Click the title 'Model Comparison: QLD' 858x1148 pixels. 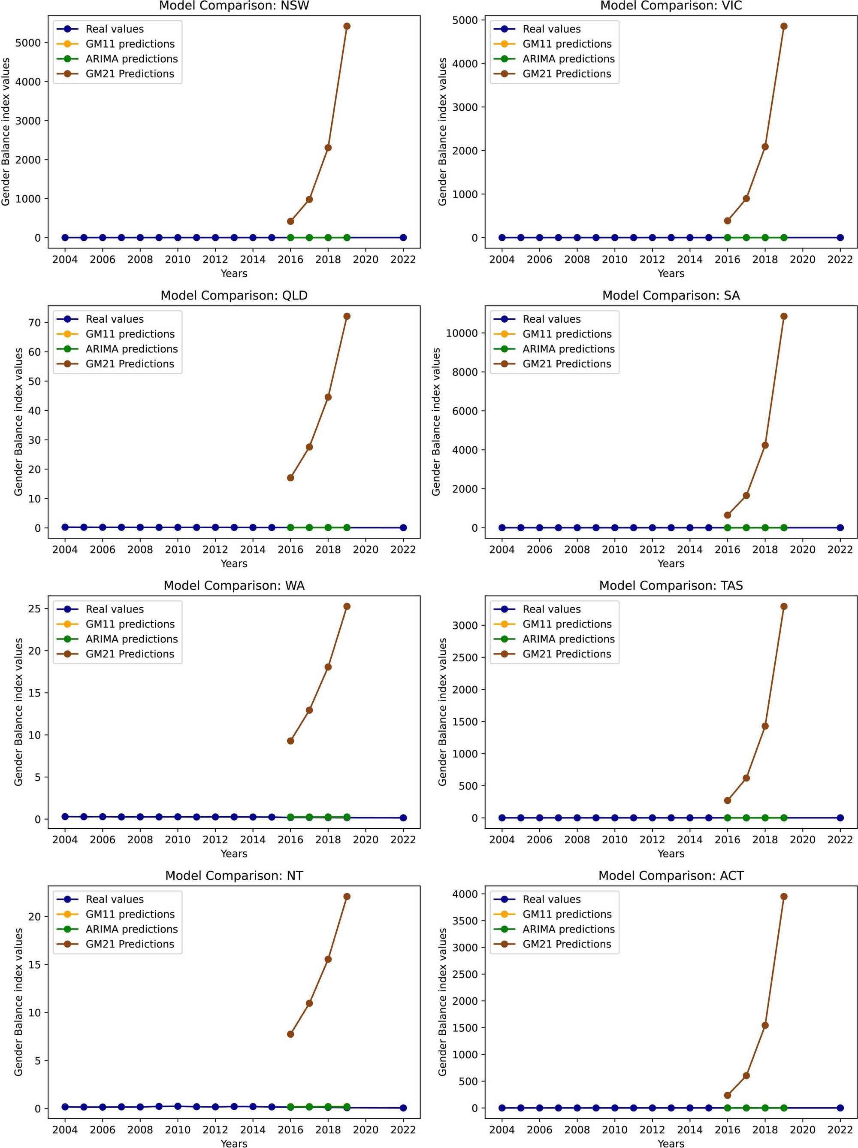tap(234, 295)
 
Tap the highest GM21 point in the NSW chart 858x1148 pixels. tap(347, 26)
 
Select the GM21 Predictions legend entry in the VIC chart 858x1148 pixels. tap(566, 74)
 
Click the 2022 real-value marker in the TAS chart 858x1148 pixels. tap(840, 818)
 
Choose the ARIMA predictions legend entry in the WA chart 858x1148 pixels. tap(131, 639)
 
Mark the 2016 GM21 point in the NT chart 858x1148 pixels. tap(290, 1034)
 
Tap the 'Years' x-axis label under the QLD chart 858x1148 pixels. tap(234, 563)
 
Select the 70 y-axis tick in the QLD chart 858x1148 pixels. tap(34, 322)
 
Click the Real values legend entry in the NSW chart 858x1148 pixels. tap(115, 29)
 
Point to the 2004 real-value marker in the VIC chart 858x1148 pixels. tap(502, 238)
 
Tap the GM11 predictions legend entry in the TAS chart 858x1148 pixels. tap(566, 624)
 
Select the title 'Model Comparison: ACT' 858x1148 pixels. tap(671, 875)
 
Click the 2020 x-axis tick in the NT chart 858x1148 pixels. tap(366, 1130)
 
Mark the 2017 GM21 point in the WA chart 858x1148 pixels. tap(309, 710)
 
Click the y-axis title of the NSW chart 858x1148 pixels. tap(6, 132)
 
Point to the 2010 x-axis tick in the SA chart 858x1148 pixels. tap(614, 550)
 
